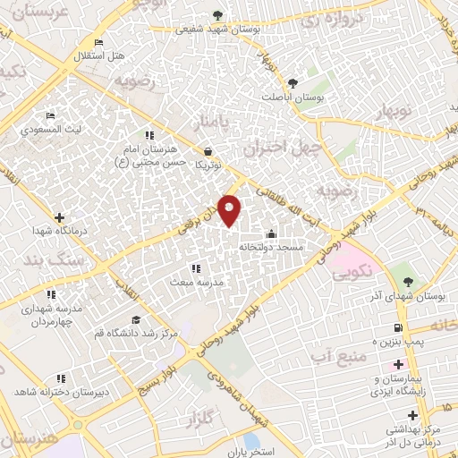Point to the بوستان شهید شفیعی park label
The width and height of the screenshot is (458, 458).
(219, 30)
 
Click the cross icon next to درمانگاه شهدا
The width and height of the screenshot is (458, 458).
(59, 216)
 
